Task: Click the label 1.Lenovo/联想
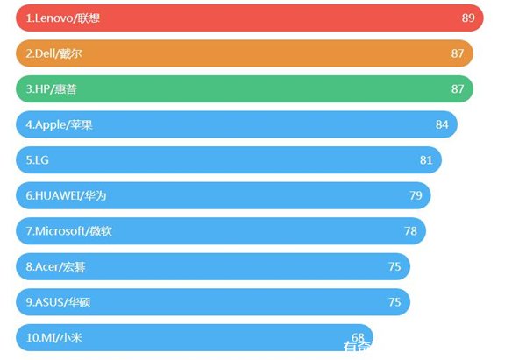62,18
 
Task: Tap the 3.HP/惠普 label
56,89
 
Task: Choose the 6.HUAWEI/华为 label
66,195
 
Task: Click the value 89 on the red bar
467,18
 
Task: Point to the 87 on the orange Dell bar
458,54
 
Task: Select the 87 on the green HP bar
458,89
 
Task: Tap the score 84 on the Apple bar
442,124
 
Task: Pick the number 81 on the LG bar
426,160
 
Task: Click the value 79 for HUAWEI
416,195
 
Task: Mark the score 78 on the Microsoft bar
410,231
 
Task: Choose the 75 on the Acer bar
394,266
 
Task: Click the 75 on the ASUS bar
394,301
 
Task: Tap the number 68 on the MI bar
358,337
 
